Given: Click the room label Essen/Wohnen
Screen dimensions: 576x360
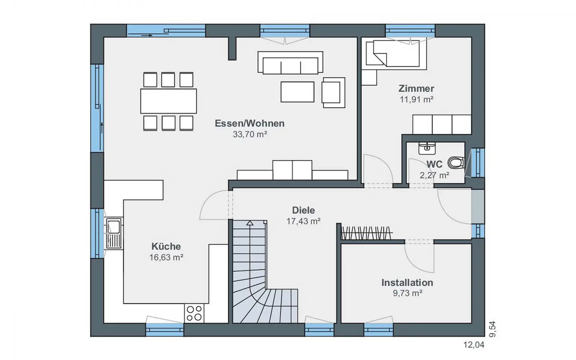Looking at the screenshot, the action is coord(250,123).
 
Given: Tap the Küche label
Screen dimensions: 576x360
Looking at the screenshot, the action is coord(166,246).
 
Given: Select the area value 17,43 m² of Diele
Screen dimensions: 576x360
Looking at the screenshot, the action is coord(303,221).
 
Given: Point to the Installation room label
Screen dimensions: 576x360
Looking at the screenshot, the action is coord(407,283).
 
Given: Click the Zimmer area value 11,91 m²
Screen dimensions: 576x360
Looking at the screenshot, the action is coord(416,99).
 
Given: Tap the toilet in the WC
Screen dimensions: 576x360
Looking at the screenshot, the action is coord(456,163).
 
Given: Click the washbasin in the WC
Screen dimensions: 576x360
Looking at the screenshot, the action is coord(427,148).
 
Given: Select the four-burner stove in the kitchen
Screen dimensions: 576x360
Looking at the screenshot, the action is coord(194,313).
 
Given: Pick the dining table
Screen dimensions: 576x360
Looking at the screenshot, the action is coord(168,101).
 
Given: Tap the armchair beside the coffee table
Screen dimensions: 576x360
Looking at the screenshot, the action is coord(333,93).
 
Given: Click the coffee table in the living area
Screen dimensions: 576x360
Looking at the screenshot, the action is coord(297,92).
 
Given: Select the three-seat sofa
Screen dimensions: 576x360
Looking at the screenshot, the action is coord(290,63).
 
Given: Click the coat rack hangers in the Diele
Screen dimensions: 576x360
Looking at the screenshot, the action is coord(366,233).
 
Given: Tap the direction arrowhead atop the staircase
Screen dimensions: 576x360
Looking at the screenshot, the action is coord(250,223).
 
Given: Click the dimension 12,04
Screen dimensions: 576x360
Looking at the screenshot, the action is coord(474,345).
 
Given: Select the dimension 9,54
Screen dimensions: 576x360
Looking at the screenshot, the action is coord(492,329).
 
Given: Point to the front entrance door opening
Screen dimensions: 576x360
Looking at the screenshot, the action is coord(478,207).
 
